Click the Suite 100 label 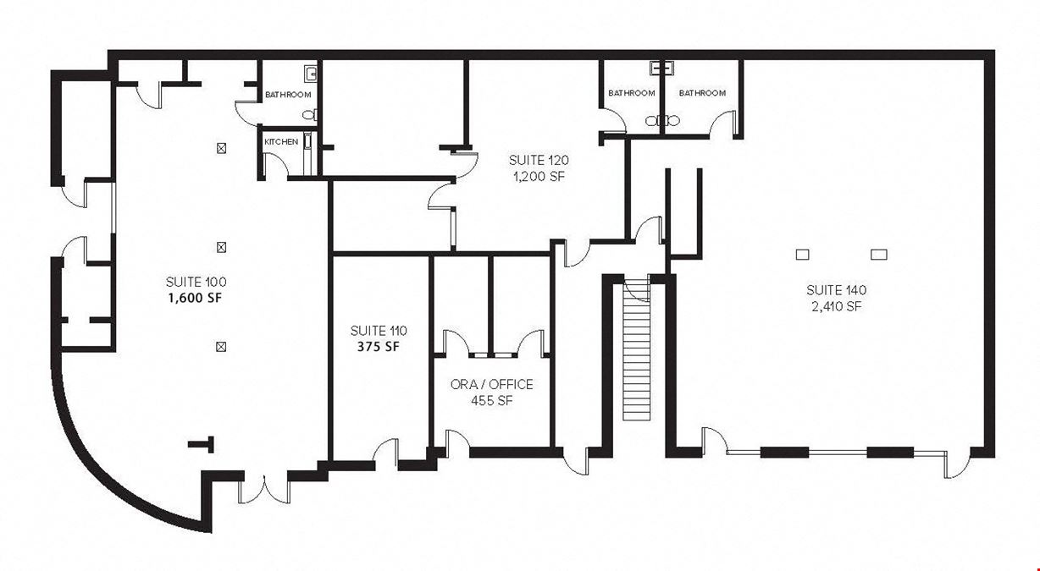(x=196, y=282)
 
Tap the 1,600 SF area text (x=195, y=298)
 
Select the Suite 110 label (x=379, y=331)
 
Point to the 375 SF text (x=379, y=347)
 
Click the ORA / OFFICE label (x=492, y=385)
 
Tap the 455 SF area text (x=492, y=400)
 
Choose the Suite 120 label (x=539, y=161)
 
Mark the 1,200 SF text (x=539, y=177)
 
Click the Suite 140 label (x=836, y=290)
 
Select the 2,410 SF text (x=836, y=306)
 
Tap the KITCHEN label (x=281, y=142)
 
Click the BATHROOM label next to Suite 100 (x=288, y=95)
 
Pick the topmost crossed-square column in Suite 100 (x=221, y=148)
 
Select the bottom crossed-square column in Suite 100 (x=221, y=347)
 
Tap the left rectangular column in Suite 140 (x=802, y=254)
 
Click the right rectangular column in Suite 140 (x=879, y=254)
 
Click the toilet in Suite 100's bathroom (x=309, y=114)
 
